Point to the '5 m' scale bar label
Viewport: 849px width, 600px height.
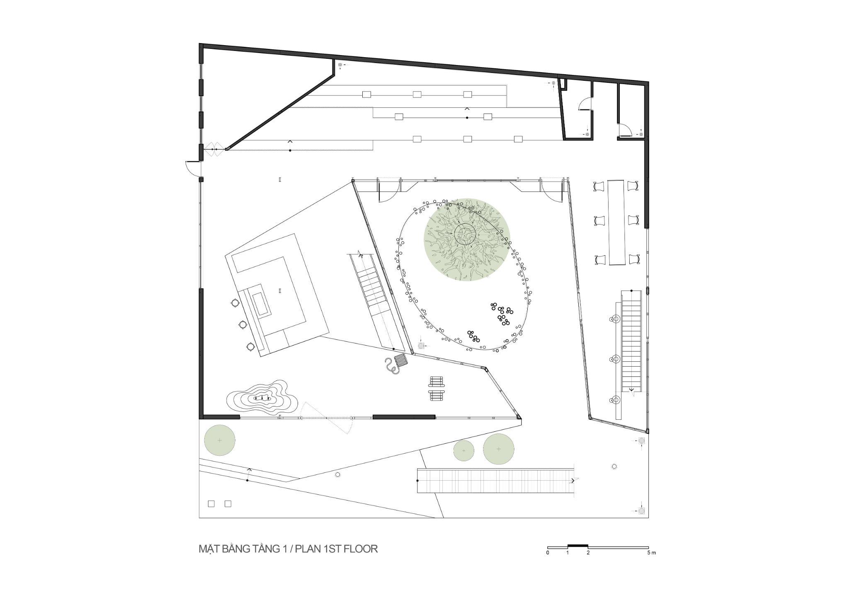click(651, 553)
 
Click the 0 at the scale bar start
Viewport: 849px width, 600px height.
click(548, 553)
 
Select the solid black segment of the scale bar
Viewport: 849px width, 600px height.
click(578, 546)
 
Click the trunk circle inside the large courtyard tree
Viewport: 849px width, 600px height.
click(467, 235)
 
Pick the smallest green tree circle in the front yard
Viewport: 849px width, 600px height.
click(464, 450)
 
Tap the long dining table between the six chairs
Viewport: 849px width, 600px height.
click(616, 222)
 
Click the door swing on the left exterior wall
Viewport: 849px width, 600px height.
click(193, 168)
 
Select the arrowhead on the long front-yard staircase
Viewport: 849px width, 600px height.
click(573, 481)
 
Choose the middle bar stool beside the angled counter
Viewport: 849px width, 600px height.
click(243, 324)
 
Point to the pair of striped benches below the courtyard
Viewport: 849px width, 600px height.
click(437, 389)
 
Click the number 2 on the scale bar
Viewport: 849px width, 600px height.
click(588, 553)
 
